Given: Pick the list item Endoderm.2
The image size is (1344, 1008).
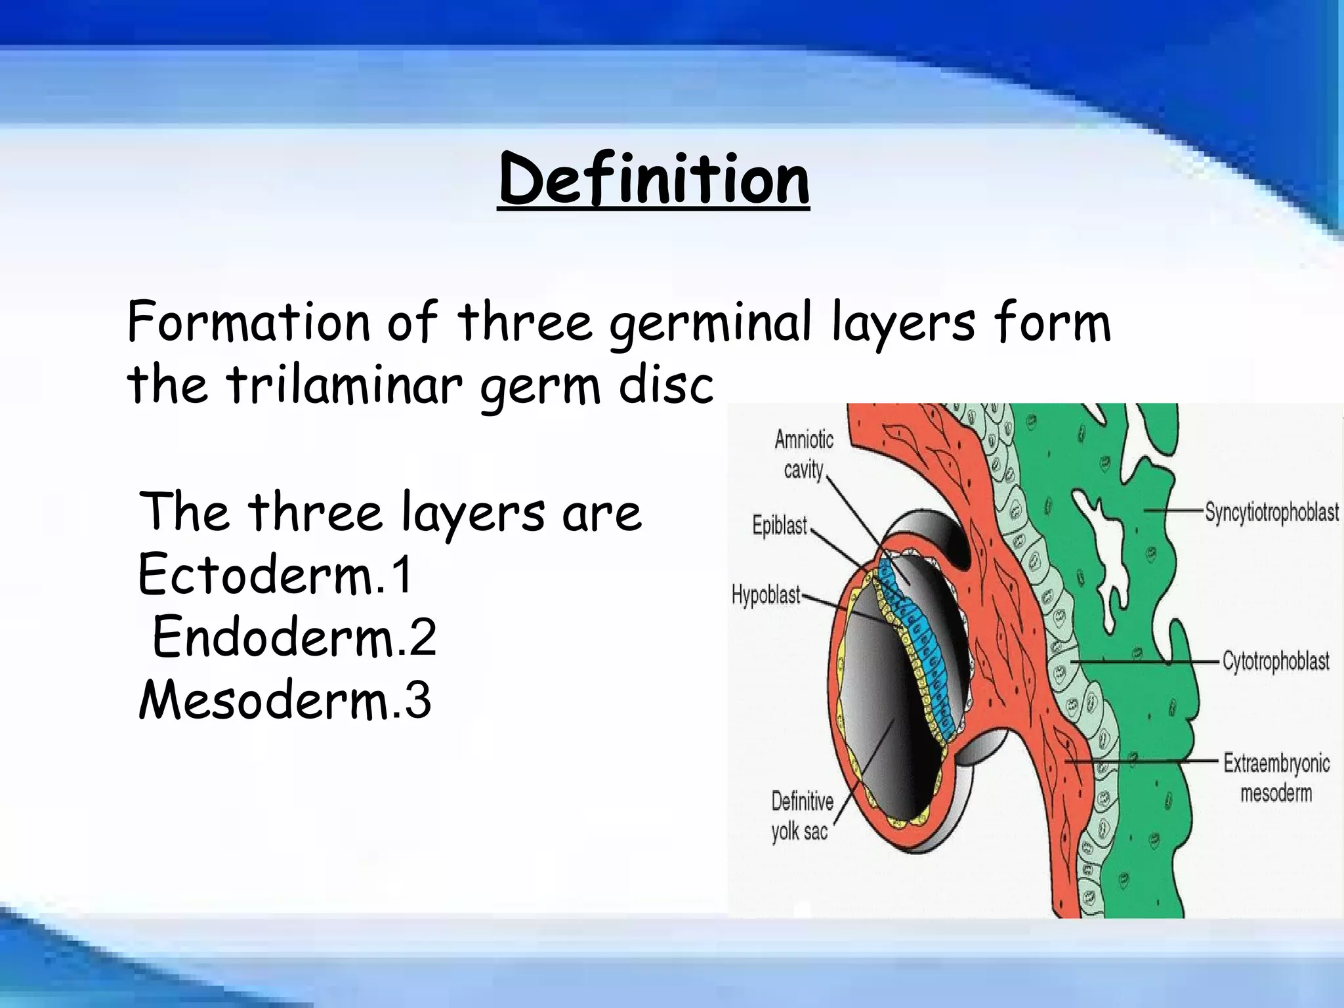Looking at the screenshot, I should [294, 638].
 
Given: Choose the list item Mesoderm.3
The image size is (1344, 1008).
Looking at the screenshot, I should [284, 700].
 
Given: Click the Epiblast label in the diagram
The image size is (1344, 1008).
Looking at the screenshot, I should [780, 526].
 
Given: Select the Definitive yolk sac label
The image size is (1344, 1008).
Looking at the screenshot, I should [801, 816].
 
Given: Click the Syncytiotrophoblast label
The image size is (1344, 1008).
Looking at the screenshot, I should [1271, 512].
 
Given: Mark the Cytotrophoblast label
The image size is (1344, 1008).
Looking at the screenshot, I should [1275, 661].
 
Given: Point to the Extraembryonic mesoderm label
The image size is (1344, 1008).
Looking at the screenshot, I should [1276, 778].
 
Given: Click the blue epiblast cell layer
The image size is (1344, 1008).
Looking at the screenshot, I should [919, 630].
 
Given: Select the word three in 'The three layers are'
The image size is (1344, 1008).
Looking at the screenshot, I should [315, 512].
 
